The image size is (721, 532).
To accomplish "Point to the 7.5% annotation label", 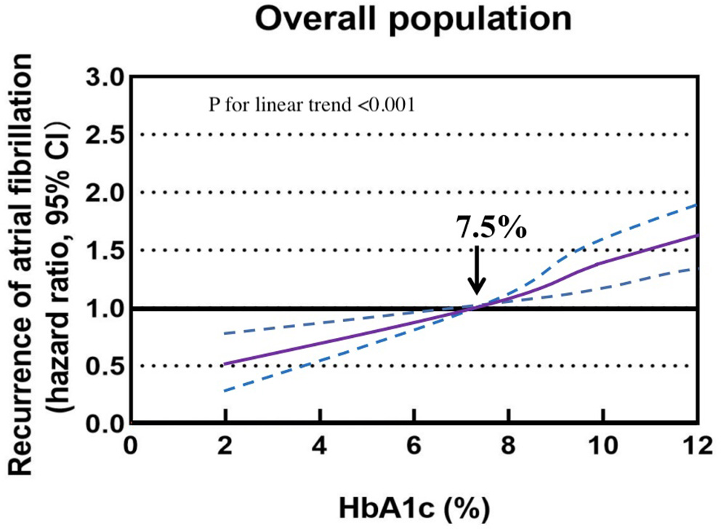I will (x=491, y=227).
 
